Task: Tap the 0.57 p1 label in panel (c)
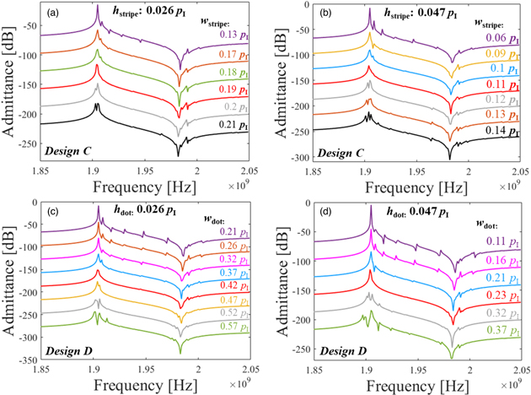233,327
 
